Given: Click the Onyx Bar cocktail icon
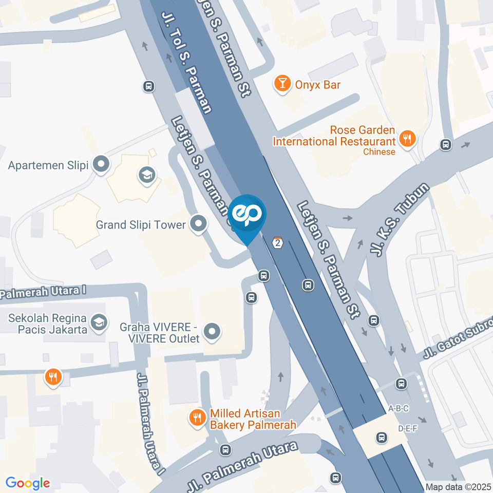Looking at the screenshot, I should point(282,83).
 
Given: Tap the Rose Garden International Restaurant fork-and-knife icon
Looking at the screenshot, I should point(408,138).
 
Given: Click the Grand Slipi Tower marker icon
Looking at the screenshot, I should point(198,223).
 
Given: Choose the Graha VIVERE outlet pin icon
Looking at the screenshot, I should point(212,332).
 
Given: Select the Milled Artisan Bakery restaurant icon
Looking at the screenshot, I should point(197,418).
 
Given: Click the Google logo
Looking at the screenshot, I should point(28,483).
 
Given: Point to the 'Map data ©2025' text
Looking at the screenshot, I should point(459,487).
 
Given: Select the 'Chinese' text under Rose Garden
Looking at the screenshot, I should point(379,152).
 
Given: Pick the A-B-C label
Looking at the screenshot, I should point(399,409).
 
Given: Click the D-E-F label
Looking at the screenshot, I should point(407,428).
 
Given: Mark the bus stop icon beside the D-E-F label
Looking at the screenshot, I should point(381,437).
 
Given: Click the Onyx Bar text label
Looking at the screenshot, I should point(317,85).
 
